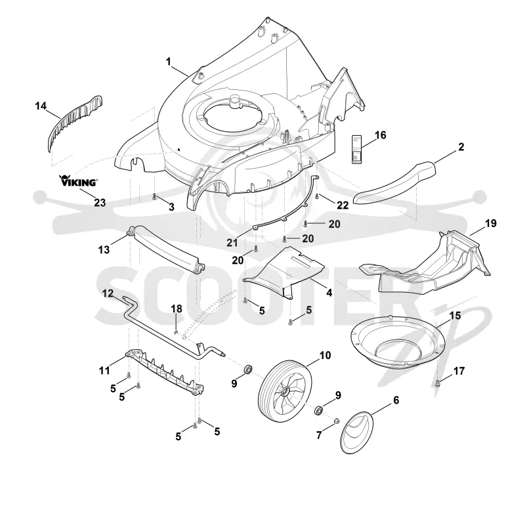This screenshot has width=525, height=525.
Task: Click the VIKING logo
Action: tap(79, 181)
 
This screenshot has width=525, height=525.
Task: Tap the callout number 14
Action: tap(41, 106)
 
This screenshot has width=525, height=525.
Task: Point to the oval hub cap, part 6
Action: tap(356, 432)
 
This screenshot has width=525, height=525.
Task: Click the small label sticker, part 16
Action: tap(357, 149)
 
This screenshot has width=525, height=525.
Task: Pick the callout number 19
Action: tap(490, 223)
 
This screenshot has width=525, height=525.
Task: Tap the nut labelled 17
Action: tap(438, 384)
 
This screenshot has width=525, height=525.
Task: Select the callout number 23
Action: tap(100, 203)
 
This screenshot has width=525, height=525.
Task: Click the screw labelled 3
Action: tap(154, 197)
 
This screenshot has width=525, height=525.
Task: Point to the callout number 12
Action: tap(108, 293)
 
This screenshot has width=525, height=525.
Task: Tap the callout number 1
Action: tap(169, 62)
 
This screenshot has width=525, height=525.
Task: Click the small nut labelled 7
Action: tap(337, 420)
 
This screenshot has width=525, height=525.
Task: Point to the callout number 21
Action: tap(232, 242)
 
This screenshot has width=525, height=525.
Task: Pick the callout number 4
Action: tap(329, 293)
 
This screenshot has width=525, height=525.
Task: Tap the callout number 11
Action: tap(104, 370)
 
